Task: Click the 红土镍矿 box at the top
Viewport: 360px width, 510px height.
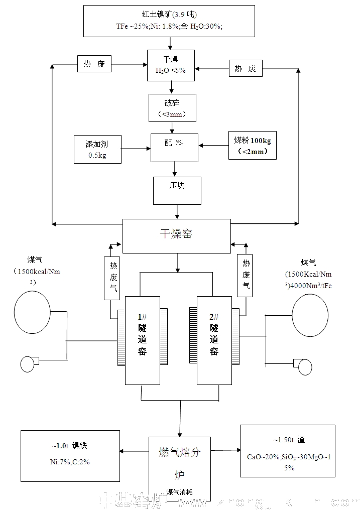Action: coord(169,21)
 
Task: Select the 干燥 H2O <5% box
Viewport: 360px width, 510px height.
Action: coord(170,65)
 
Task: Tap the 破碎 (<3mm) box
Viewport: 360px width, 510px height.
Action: coord(172,107)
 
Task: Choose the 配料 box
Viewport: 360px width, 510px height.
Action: coord(174,148)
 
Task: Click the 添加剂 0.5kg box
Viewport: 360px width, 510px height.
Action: coord(97,149)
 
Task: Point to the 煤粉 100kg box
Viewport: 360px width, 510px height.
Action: coord(252,146)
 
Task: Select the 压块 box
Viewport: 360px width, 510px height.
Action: coord(177,190)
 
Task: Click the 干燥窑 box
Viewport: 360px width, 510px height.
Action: coord(177,236)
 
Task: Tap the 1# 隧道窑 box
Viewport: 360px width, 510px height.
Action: coord(143,340)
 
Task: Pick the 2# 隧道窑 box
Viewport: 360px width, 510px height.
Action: coord(214,340)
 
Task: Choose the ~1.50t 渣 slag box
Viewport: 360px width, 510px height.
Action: coord(287,451)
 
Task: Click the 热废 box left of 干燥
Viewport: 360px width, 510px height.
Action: coord(94,64)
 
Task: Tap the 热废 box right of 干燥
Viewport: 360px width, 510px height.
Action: coord(246,68)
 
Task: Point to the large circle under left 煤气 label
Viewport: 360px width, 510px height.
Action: coord(32,312)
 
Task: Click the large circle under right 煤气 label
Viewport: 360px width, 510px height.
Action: coord(311,314)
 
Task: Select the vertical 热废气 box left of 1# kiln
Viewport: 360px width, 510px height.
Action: coord(112,278)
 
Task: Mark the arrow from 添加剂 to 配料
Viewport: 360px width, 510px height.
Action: coord(136,149)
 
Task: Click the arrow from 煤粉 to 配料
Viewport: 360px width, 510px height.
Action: coord(213,146)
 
